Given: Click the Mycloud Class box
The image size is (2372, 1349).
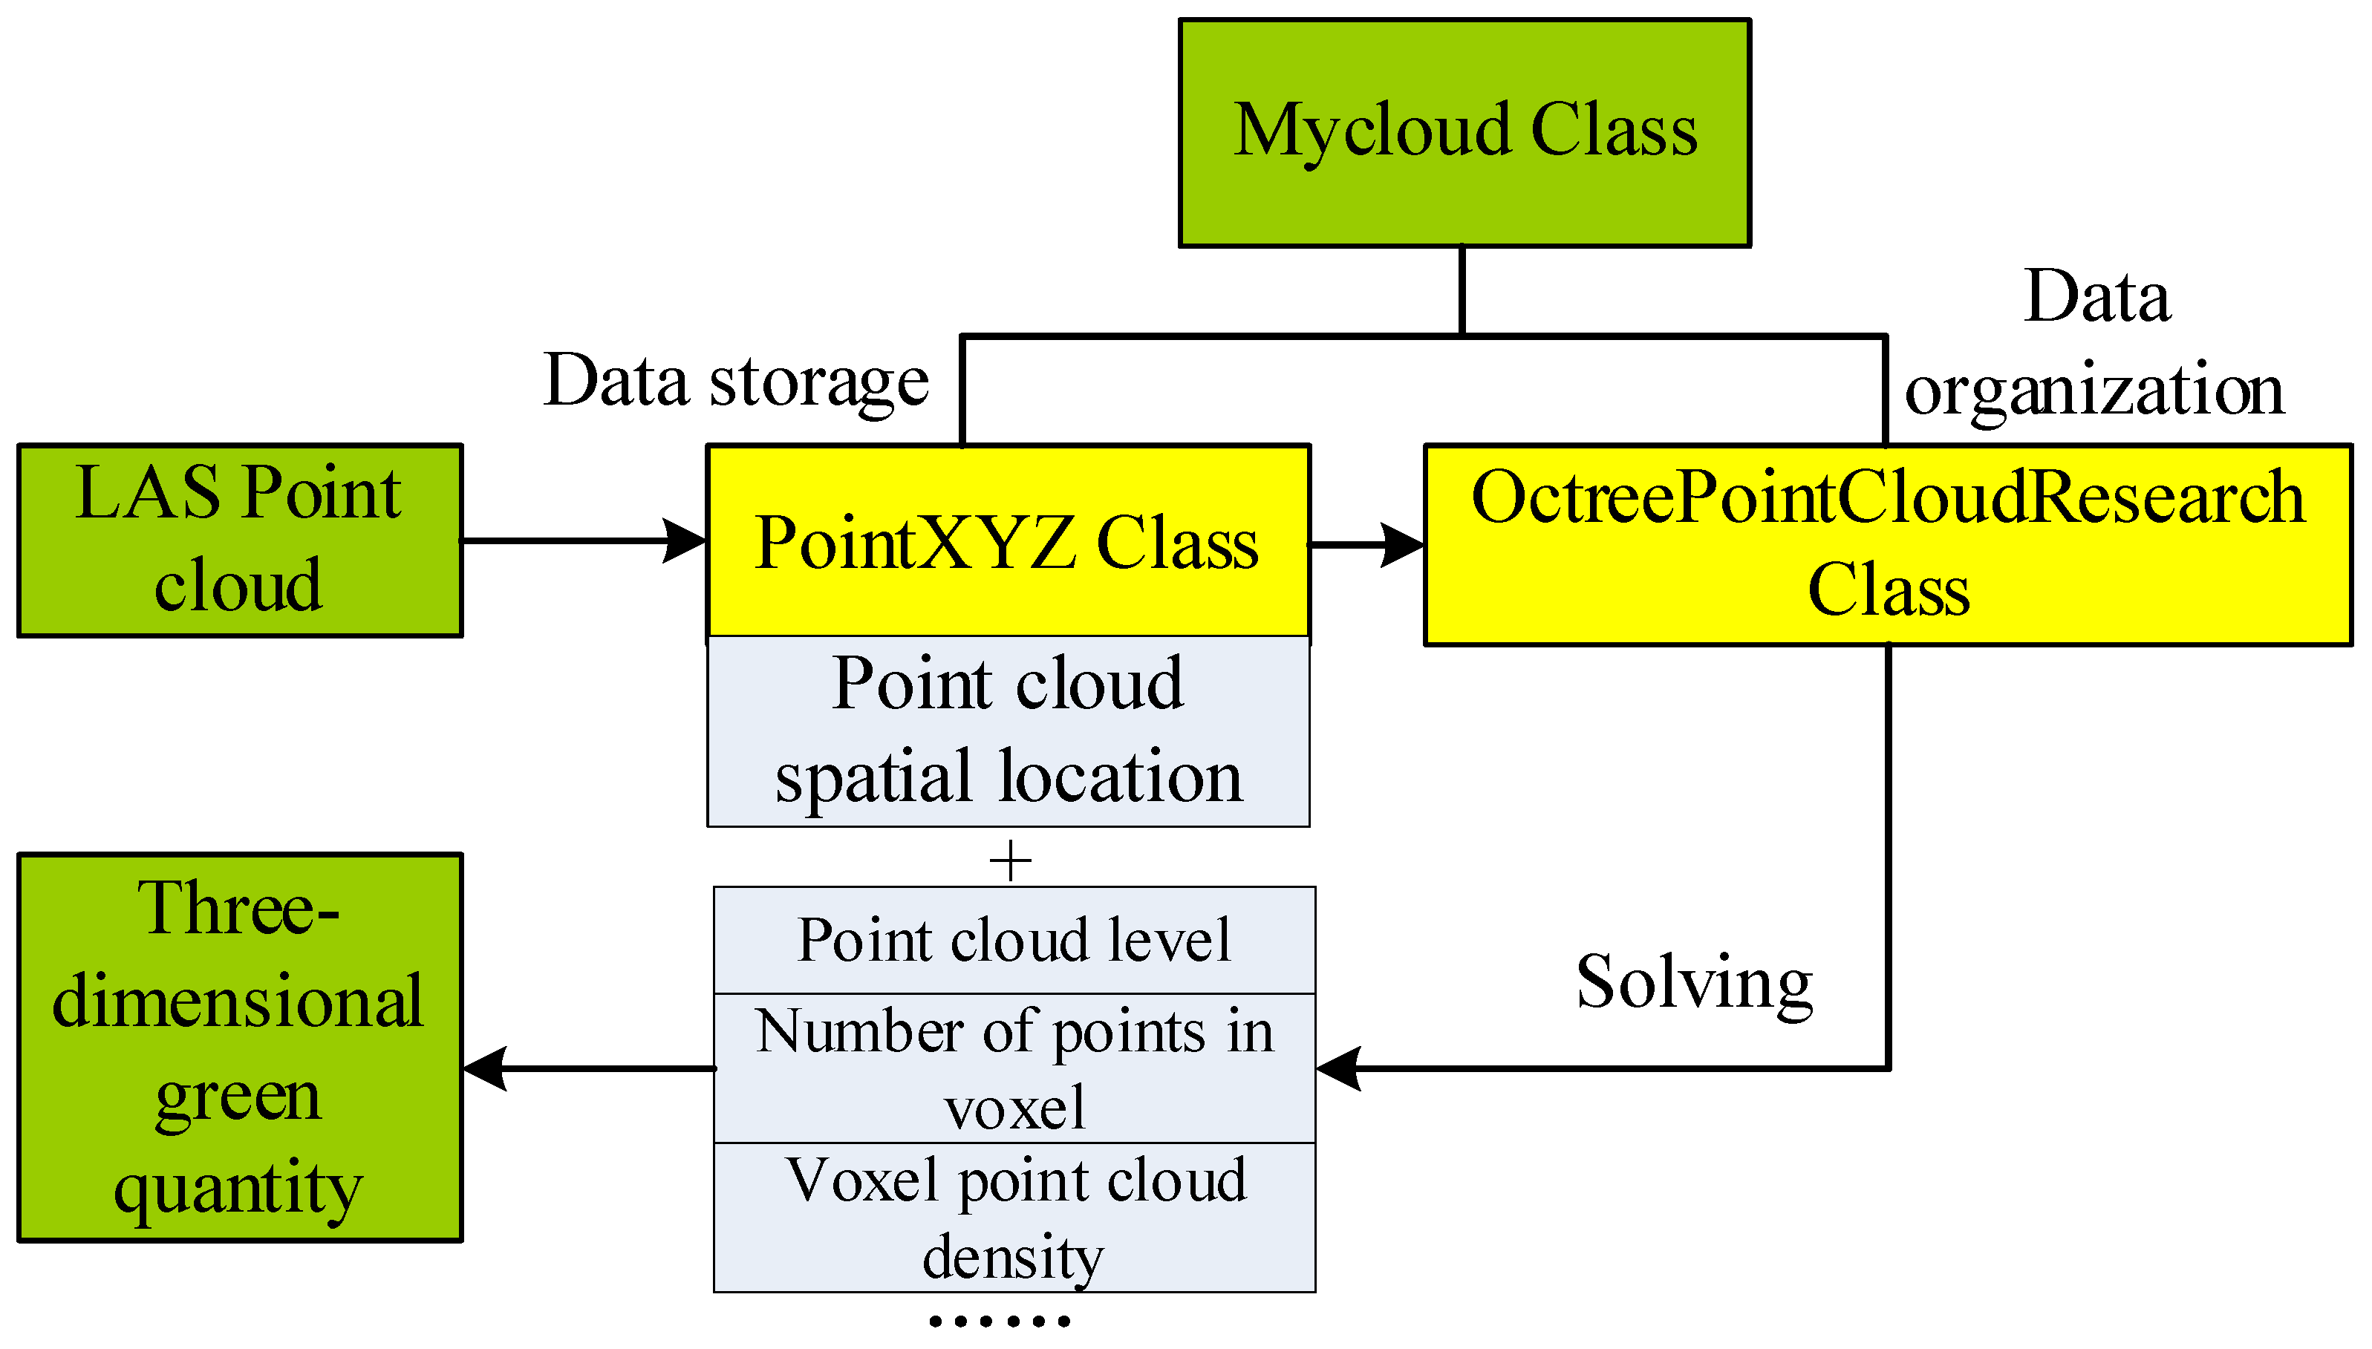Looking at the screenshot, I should click(1464, 132).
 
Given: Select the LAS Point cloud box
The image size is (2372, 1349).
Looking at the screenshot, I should click(239, 540).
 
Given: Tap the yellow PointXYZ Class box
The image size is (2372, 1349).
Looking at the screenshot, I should click(1007, 542).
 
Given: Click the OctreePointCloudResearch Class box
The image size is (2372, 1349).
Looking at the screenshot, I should click(1887, 545).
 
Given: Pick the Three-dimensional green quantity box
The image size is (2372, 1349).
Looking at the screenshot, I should click(239, 1047).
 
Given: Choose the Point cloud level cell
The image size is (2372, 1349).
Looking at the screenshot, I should click(1014, 941).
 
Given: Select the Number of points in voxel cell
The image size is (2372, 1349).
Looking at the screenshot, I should click(1014, 1068).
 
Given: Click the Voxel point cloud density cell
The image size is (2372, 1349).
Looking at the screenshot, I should click(1014, 1218).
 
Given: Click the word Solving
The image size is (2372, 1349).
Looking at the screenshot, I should click(1694, 982).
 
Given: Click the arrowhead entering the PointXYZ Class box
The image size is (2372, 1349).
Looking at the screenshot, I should click(685, 540).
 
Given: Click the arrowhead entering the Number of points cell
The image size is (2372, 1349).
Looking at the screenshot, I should click(1339, 1068).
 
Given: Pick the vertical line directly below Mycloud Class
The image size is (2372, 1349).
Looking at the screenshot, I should click(1462, 289).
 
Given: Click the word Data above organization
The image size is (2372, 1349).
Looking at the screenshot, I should click(2096, 296).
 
